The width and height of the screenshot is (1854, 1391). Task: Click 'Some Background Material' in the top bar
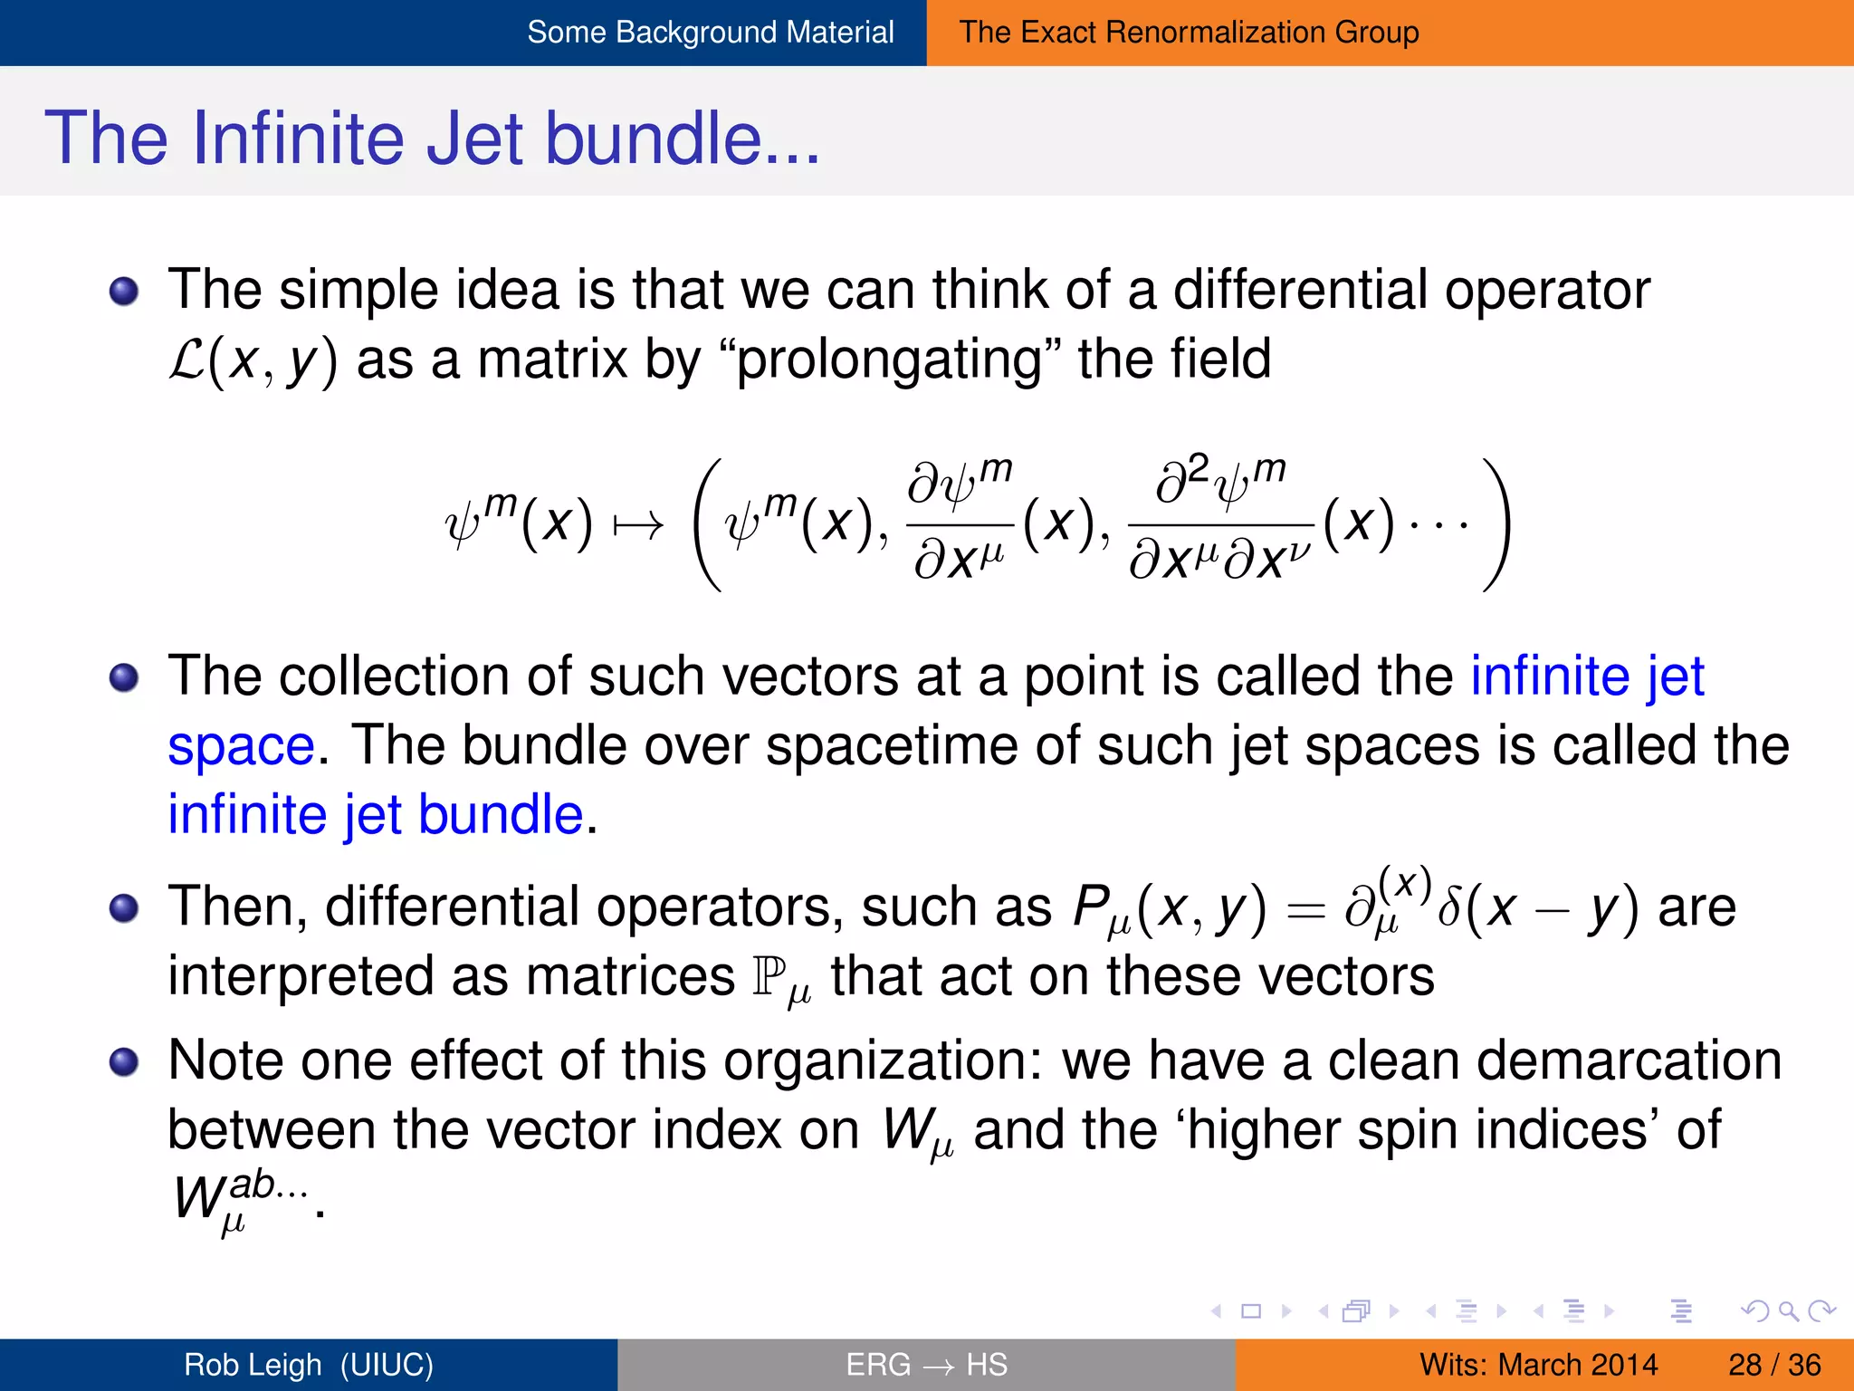(x=710, y=33)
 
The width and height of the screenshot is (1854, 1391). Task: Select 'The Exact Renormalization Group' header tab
(x=1189, y=33)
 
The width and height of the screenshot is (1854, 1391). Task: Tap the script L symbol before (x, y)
(x=187, y=360)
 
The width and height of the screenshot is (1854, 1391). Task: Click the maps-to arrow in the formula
(x=638, y=525)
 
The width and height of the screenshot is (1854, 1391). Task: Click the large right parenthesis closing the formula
(x=1495, y=525)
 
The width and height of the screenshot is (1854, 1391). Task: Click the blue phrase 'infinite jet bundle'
(x=376, y=814)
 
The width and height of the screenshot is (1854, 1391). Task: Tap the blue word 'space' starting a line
(x=241, y=745)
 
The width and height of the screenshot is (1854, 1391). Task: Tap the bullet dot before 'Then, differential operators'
(x=124, y=907)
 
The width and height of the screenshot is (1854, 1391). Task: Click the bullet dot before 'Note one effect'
(x=124, y=1061)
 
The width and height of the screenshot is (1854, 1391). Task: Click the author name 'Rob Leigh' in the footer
(x=253, y=1365)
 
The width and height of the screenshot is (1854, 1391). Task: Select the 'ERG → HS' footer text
(x=926, y=1365)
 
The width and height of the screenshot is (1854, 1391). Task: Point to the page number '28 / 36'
(x=1773, y=1365)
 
